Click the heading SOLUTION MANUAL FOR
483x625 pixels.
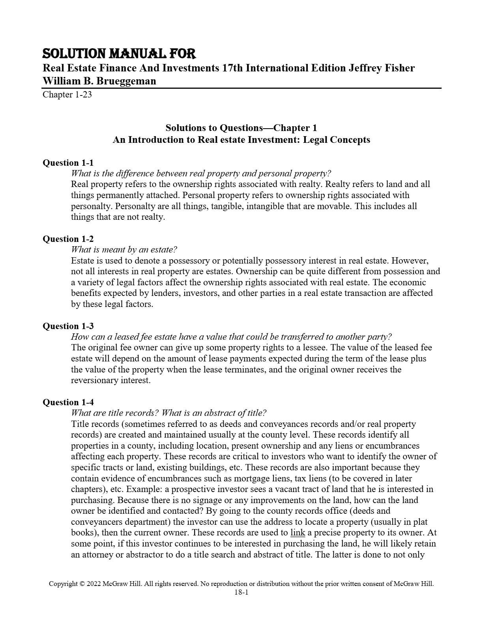pos(119,54)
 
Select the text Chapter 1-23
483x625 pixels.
pos(67,95)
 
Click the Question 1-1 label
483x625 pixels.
pos(68,163)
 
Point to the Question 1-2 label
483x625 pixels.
pos(68,239)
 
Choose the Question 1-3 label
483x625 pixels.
pos(68,326)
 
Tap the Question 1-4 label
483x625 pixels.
pos(68,402)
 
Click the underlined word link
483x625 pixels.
pos(298,533)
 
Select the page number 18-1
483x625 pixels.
pos(241,592)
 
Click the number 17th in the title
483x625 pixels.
pos(232,68)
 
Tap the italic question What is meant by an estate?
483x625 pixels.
pos(124,249)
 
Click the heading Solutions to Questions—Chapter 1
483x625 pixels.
pos(241,128)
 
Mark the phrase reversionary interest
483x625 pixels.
pos(110,380)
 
